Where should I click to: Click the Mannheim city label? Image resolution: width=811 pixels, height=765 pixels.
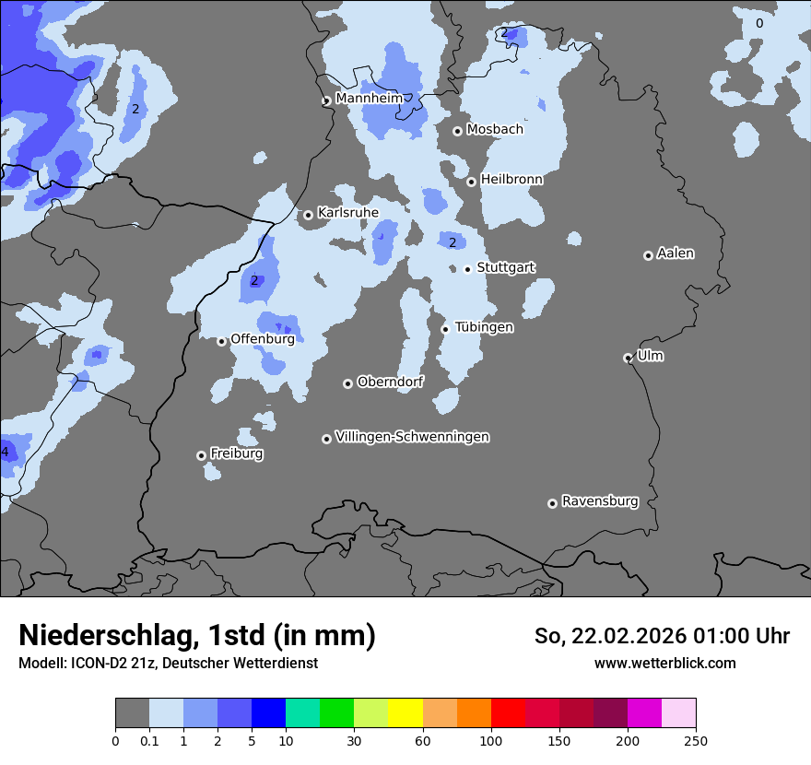click(x=369, y=98)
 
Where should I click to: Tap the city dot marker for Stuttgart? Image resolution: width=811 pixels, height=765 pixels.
click(x=468, y=269)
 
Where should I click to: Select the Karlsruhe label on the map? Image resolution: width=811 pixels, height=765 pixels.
click(x=347, y=213)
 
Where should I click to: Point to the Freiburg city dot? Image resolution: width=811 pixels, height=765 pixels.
click(x=201, y=455)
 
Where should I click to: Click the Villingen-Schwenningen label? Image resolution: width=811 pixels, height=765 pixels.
click(x=412, y=437)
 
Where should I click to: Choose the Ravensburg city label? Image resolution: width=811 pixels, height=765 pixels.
click(x=599, y=501)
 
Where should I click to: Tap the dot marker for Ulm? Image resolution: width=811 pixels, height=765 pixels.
click(x=628, y=358)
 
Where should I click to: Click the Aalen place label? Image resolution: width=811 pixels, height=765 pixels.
click(x=676, y=253)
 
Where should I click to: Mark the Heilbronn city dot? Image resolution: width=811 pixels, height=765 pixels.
click(x=471, y=182)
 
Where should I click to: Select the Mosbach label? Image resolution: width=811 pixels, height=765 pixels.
click(x=494, y=130)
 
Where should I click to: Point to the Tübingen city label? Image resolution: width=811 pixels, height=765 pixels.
click(x=484, y=327)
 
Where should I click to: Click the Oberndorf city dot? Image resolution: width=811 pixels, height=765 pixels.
click(x=347, y=383)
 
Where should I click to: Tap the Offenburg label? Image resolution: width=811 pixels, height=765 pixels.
click(x=263, y=339)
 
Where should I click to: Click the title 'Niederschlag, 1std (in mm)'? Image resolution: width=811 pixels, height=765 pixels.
click(x=197, y=635)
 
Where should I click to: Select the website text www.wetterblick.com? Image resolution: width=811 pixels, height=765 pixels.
click(x=664, y=663)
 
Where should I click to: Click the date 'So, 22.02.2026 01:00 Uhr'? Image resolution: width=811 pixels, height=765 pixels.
click(x=662, y=636)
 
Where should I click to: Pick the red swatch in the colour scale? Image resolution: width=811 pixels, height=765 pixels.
click(x=508, y=713)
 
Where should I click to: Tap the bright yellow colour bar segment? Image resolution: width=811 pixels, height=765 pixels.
click(x=405, y=713)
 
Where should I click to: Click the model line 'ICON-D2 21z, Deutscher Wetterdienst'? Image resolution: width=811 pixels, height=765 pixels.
click(x=168, y=663)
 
